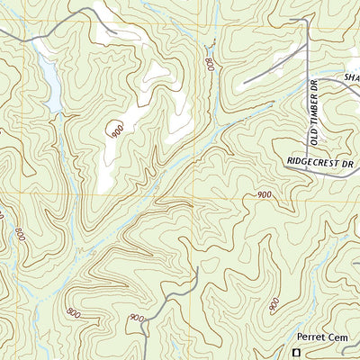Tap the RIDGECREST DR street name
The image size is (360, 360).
pos(321,161)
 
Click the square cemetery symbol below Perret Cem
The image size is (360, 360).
pos(295,353)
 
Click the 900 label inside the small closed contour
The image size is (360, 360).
pos(117,130)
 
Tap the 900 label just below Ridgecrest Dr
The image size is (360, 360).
pos(264,195)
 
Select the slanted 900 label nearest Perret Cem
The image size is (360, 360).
pos(273,309)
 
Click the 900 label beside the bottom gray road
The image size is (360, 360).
pos(136,318)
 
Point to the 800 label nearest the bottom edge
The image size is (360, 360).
pos(72,313)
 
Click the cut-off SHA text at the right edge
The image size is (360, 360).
pos(351,78)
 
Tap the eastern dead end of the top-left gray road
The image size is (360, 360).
pos(116,35)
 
